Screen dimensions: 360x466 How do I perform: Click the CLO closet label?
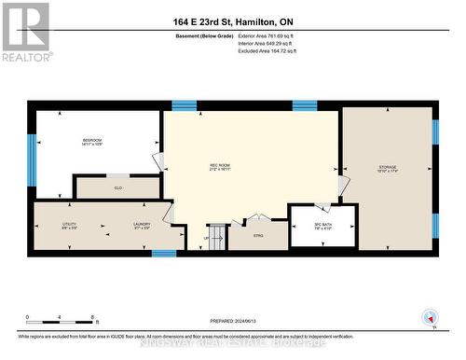pos(117,187)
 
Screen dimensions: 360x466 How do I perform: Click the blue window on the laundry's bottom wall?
pos(164,253)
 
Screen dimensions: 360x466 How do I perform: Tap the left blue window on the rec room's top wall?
pos(184,105)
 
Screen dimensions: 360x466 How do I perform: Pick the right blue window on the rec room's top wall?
pos(305,105)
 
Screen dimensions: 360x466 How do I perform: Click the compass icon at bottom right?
pos(430,317)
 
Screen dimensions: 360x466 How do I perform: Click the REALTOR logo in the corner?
pos(25,32)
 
